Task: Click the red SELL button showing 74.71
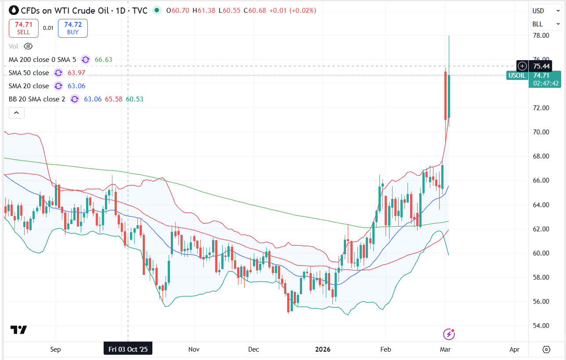[24, 28]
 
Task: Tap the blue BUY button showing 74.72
[72, 28]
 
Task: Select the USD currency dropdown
[546, 11]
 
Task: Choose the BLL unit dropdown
[546, 24]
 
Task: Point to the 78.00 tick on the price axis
[541, 36]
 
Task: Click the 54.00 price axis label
[541, 326]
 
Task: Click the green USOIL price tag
[516, 75]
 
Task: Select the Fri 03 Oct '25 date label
[128, 349]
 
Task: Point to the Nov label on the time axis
[194, 349]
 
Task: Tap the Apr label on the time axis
[514, 349]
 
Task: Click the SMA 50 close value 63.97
[76, 73]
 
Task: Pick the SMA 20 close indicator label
[29, 86]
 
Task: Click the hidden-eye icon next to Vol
[28, 46]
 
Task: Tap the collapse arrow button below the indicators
[17, 113]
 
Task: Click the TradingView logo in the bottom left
[19, 330]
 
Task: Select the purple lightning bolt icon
[449, 335]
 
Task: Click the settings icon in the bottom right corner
[546, 349]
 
